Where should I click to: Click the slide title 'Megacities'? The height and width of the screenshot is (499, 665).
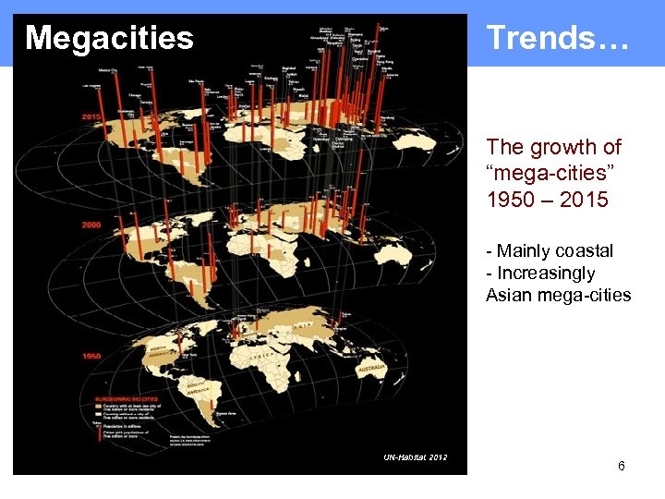click(109, 38)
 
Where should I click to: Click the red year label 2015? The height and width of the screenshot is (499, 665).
click(91, 117)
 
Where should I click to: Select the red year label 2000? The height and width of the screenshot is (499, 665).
click(91, 225)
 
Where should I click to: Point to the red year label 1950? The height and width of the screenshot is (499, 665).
click(91, 356)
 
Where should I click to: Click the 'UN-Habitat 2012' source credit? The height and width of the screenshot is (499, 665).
click(416, 457)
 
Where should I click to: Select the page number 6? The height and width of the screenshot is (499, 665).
click(622, 466)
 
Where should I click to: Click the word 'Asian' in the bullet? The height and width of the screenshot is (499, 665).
click(508, 295)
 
